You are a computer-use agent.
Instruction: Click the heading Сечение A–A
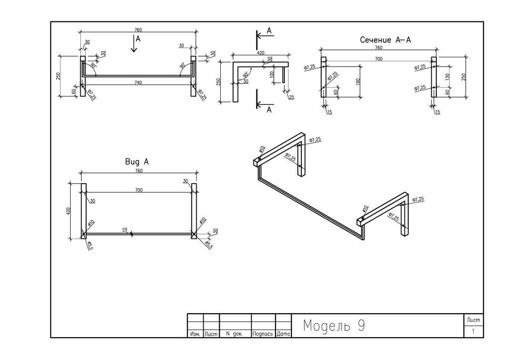pos(385,40)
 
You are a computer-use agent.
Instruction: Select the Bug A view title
pos(136,162)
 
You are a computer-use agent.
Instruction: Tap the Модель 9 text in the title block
pos(334,326)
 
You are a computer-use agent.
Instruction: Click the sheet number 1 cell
pos(473,331)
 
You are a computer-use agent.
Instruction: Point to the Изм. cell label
pos(195,334)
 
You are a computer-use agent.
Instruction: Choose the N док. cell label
pos(234,334)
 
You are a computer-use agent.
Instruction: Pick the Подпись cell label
pos(263,334)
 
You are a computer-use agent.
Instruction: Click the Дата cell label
pos(283,334)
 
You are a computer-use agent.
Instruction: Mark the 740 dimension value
pos(138,83)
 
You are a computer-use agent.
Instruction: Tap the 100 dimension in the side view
pos(271,74)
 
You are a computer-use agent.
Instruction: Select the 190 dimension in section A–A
pos(358,81)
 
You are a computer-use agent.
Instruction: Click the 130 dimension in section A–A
pos(447,77)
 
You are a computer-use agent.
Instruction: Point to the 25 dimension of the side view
pos(291,97)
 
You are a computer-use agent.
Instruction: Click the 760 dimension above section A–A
pos(379,48)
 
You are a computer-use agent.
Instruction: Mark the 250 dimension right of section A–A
pos(463,77)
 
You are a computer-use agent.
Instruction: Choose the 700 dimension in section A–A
pos(379,59)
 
